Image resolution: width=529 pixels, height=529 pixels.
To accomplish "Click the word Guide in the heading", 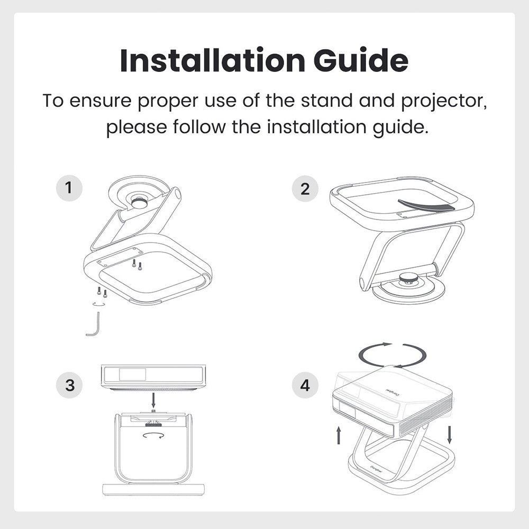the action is (361, 60).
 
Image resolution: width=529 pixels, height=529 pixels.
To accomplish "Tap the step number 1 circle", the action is (69, 188).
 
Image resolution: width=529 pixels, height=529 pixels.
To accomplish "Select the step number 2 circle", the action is (305, 189).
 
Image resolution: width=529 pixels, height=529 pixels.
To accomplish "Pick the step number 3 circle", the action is (69, 385).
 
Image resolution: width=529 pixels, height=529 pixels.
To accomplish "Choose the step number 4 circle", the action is (305, 385).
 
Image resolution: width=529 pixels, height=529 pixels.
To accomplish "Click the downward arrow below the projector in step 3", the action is (154, 400).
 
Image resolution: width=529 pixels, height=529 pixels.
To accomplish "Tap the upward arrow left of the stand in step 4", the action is (339, 435).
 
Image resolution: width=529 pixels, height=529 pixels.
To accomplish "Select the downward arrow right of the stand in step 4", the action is (449, 435).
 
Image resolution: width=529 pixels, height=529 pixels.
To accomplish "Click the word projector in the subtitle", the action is (444, 101).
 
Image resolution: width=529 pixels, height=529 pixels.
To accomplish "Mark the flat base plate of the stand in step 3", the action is (154, 489).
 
